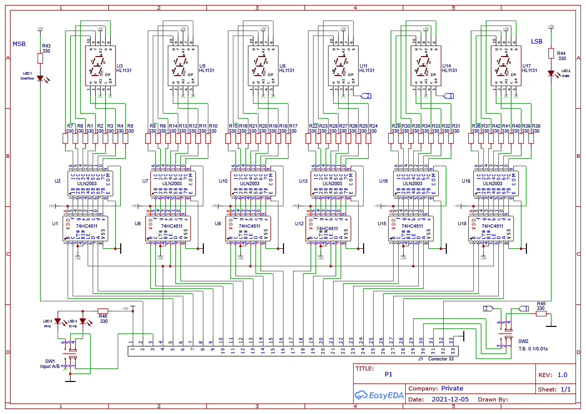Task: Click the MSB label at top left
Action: point(19,44)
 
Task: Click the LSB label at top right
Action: point(536,42)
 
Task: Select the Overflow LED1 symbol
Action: point(41,78)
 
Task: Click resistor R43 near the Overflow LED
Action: point(41,58)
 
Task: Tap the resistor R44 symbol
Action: point(551,53)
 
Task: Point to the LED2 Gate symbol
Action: point(551,73)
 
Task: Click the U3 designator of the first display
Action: point(119,66)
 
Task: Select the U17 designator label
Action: point(526,66)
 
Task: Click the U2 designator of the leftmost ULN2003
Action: point(57,181)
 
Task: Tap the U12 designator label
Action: point(299,224)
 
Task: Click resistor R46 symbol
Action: point(103,310)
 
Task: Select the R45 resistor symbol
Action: point(540,314)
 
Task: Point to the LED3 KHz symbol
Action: point(57,321)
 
